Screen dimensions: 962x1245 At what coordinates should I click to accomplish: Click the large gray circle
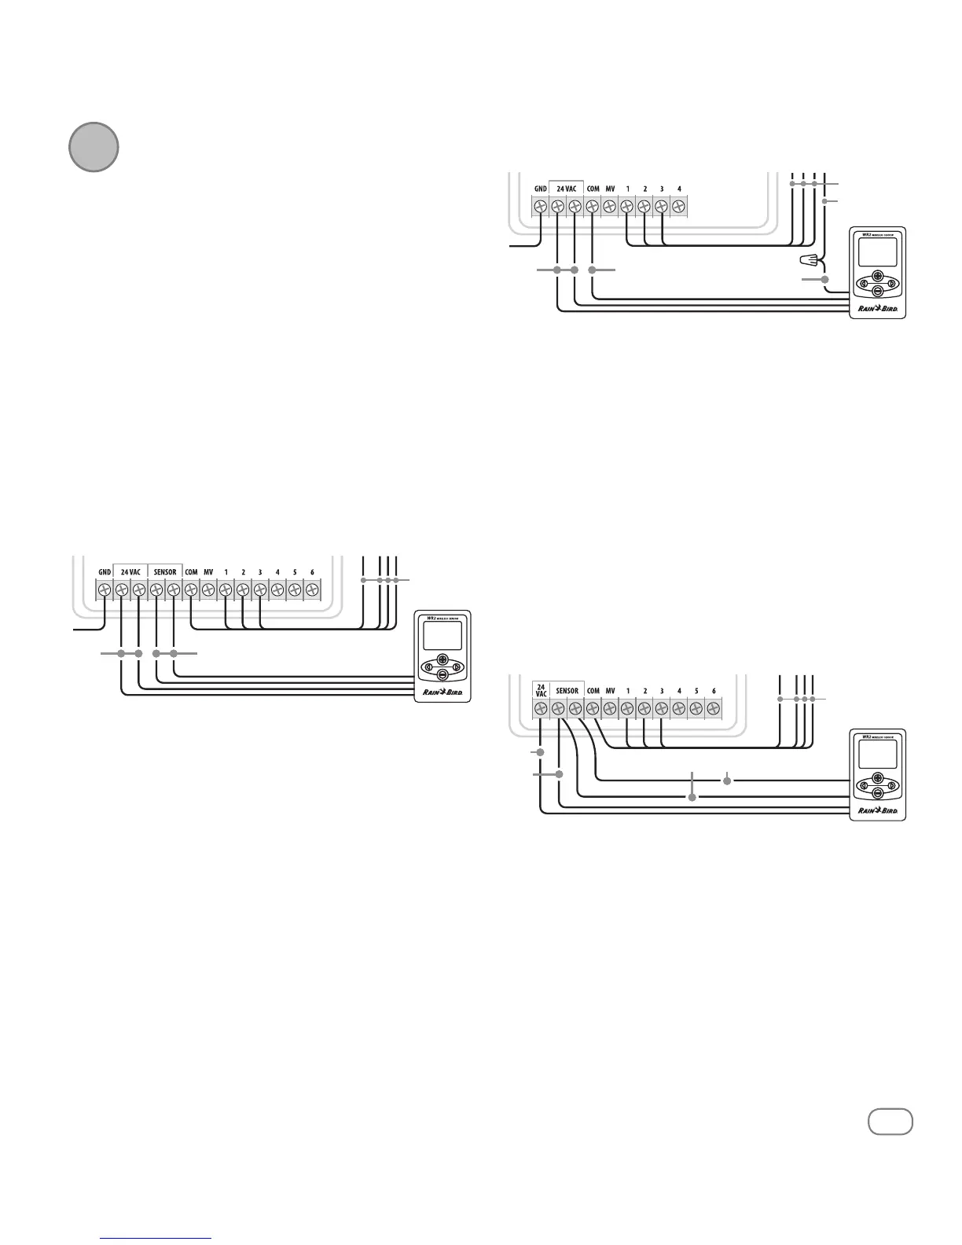click(94, 147)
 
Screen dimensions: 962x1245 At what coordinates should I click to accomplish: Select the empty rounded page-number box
click(890, 1122)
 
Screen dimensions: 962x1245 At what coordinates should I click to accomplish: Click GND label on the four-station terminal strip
click(540, 189)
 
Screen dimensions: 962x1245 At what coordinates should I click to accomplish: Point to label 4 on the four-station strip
click(679, 189)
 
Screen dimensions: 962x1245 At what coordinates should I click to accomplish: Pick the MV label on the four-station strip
click(610, 189)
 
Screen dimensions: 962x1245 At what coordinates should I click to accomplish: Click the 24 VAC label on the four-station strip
click(566, 189)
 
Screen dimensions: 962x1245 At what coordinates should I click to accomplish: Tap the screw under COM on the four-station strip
click(593, 207)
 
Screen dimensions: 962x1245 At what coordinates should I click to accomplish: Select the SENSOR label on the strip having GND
click(165, 572)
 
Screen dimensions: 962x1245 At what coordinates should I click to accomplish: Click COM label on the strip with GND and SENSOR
click(191, 572)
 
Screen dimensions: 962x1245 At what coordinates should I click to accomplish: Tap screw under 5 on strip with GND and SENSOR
click(295, 589)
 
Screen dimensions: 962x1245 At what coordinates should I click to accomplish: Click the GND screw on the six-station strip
click(105, 589)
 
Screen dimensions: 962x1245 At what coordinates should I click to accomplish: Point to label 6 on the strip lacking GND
click(714, 691)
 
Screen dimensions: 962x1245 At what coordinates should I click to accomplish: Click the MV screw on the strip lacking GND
click(610, 709)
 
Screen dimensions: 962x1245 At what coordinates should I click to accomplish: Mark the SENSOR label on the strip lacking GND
click(567, 691)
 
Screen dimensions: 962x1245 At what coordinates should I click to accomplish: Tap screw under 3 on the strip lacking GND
click(662, 709)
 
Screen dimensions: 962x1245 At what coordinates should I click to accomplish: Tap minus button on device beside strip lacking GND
click(877, 792)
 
